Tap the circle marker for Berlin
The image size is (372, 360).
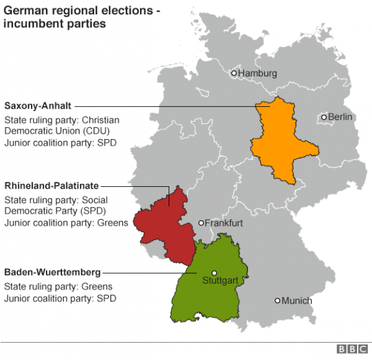click(x=324, y=117)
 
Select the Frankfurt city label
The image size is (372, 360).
click(x=224, y=223)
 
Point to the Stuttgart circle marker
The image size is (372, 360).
click(x=214, y=272)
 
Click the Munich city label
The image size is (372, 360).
click(x=297, y=301)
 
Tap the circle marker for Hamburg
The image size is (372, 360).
click(x=234, y=73)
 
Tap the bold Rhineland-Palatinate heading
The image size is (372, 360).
click(x=51, y=186)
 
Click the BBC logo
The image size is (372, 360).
click(x=350, y=349)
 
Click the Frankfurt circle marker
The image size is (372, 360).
click(x=201, y=223)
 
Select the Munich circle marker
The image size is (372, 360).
click(x=278, y=301)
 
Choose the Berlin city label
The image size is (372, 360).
click(x=340, y=117)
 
